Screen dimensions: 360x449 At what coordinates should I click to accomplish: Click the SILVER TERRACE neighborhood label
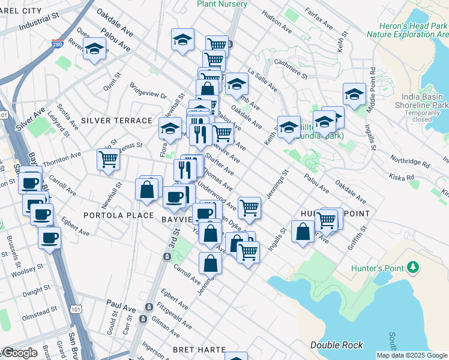(x=117, y=121)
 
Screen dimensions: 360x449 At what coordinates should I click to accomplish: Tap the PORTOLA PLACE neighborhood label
(x=110, y=215)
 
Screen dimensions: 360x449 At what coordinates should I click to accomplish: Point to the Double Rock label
(x=337, y=345)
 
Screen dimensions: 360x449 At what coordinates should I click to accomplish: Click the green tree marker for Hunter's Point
(x=412, y=266)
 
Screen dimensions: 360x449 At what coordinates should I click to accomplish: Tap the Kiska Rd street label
(x=402, y=178)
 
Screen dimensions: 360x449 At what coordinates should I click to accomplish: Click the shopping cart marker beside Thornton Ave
(x=108, y=160)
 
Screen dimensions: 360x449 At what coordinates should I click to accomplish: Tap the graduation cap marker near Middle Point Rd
(x=354, y=94)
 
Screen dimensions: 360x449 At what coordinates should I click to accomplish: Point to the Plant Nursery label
(x=222, y=4)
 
